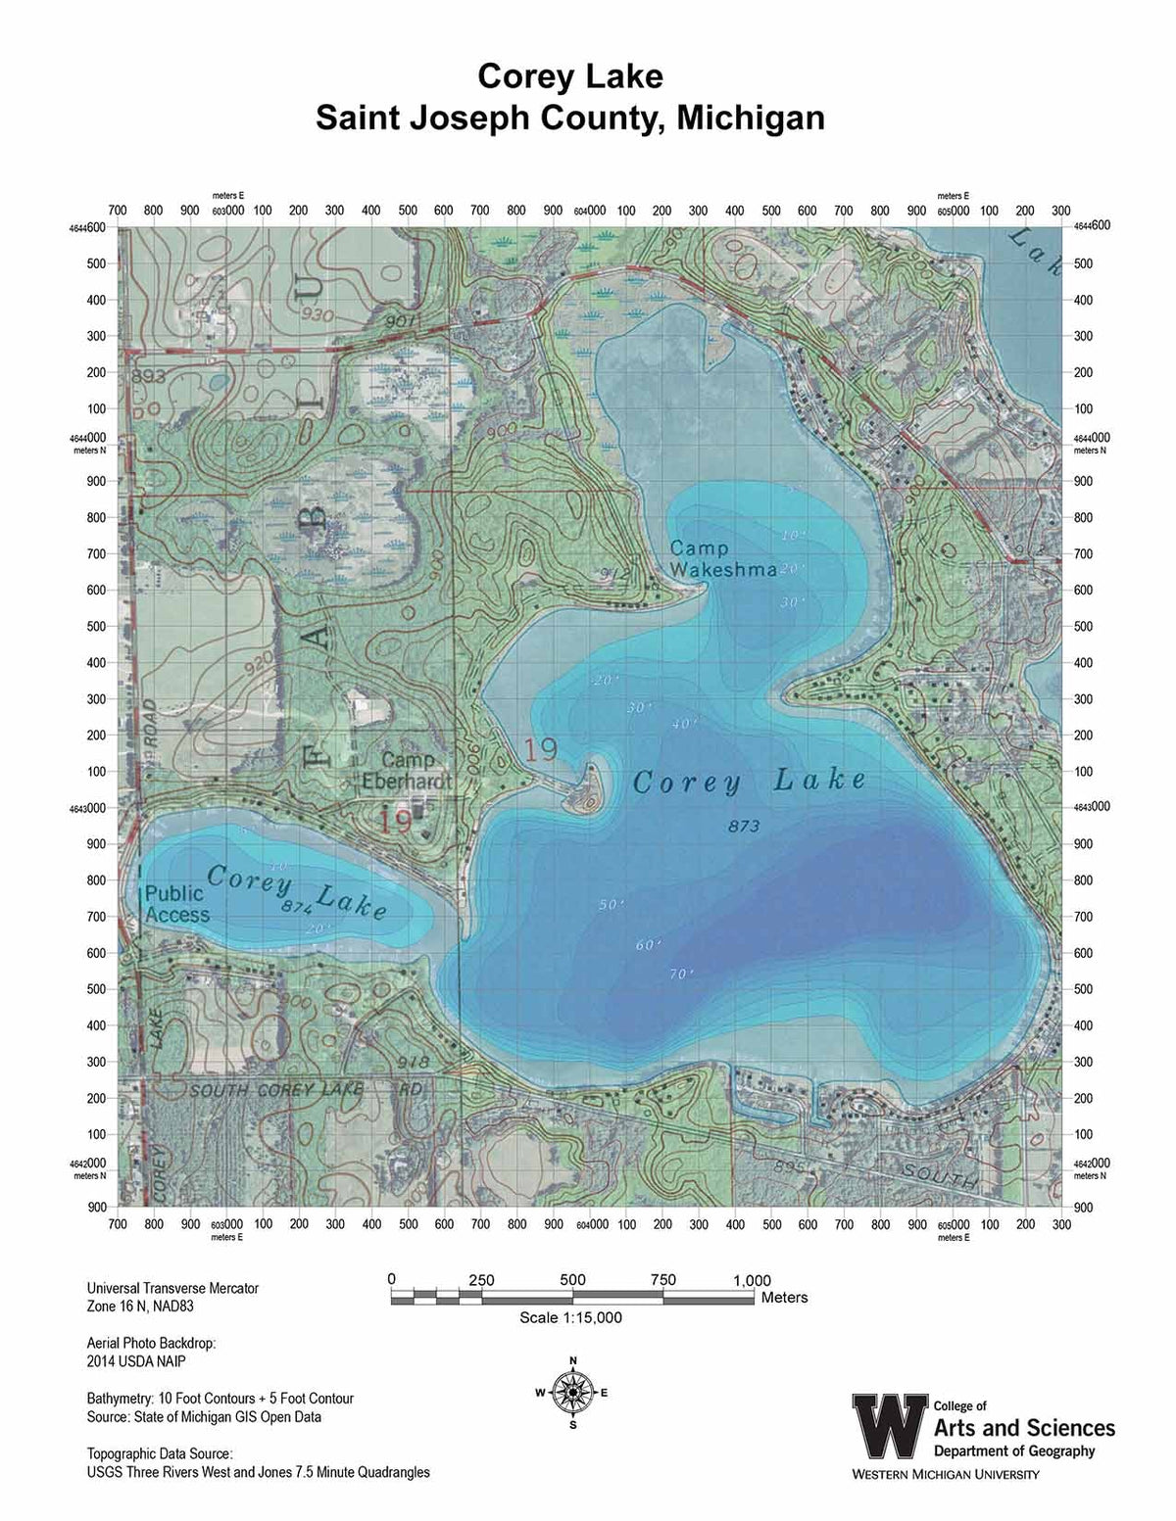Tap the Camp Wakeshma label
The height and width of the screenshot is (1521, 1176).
723,559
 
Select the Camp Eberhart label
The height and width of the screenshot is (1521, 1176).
416,771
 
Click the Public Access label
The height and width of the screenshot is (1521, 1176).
176,904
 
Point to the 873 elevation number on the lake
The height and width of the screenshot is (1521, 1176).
744,827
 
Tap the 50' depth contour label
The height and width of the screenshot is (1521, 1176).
610,904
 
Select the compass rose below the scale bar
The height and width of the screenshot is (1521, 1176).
572,1392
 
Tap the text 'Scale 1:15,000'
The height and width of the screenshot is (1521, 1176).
570,1317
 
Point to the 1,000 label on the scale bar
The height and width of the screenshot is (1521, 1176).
752,1280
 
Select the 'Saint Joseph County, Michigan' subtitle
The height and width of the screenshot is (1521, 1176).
569,118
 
